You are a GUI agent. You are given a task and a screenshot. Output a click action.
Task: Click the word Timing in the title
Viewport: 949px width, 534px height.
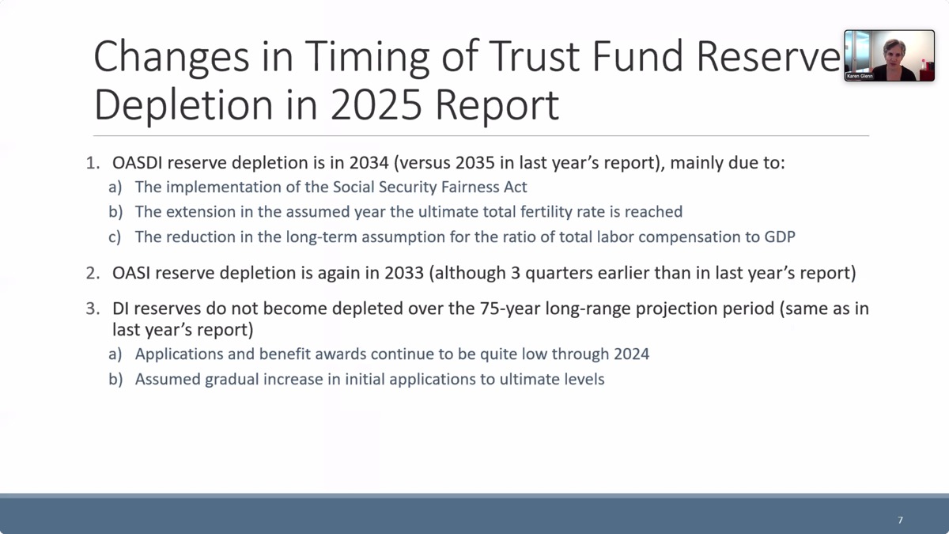tap(367, 58)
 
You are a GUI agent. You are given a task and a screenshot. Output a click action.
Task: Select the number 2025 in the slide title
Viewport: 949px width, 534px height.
tap(376, 105)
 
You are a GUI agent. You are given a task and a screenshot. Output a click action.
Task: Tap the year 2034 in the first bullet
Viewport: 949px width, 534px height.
tap(369, 163)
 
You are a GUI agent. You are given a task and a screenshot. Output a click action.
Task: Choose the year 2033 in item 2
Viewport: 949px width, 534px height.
tap(404, 273)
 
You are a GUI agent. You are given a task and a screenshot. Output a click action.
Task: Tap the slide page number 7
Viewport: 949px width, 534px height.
tap(900, 520)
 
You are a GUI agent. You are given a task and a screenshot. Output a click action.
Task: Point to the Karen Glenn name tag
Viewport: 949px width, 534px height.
tap(860, 76)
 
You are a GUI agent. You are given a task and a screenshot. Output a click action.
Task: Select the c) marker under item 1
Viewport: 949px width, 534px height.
tap(115, 237)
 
